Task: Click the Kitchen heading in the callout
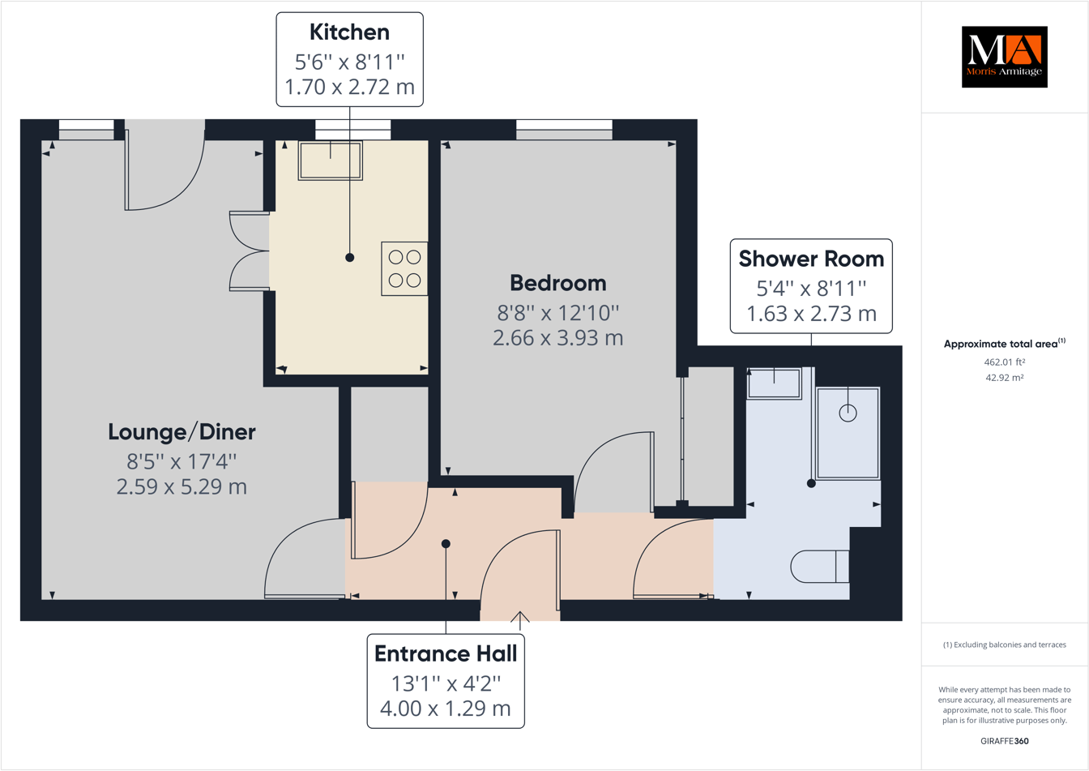coord(349,32)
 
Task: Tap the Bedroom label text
coord(557,283)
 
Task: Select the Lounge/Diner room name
coord(181,432)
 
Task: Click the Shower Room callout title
coord(811,259)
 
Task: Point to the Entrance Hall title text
coord(446,653)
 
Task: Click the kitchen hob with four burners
coord(404,268)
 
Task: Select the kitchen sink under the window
coord(330,161)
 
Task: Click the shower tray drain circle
coord(848,413)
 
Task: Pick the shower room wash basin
coord(774,383)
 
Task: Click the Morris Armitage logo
coord(1004,57)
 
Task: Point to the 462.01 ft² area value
coord(1004,362)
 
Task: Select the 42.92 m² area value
coord(1004,378)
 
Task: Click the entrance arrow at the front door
coord(519,619)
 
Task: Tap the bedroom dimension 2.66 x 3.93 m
coord(557,338)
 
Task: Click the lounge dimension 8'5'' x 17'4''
coord(181,461)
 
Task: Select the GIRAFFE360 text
coord(1004,741)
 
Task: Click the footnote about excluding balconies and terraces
coord(1004,645)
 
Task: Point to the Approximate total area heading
coord(1004,344)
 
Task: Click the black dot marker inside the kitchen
coord(349,258)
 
